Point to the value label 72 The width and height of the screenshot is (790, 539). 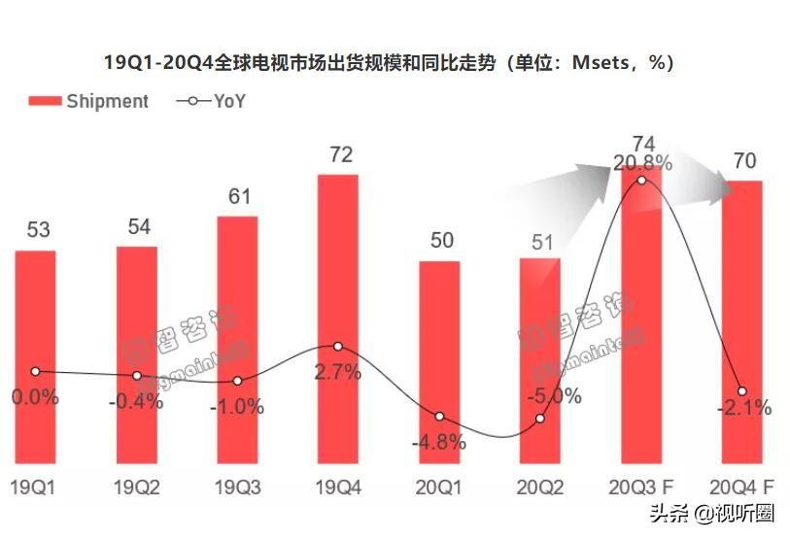coord(340,155)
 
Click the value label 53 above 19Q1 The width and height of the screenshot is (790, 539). coord(38,231)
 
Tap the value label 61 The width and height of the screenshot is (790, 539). coord(239,196)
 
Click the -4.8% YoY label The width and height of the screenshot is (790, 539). coord(439,442)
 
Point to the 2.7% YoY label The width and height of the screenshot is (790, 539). coord(338,371)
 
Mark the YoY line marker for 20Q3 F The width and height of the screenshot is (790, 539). coord(641,180)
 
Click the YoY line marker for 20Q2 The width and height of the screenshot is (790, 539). coord(540,419)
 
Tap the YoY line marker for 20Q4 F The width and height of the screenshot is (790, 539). coord(742,390)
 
